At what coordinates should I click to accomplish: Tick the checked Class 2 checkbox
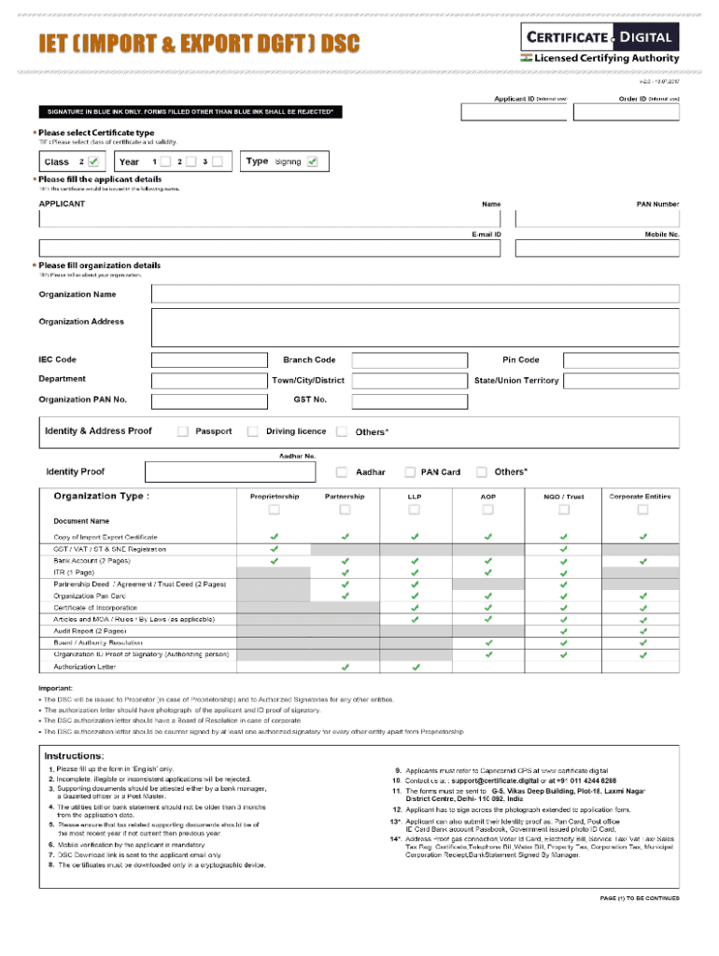coord(94,162)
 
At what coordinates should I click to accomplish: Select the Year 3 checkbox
coord(217,162)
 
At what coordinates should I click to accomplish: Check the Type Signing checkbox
coord(312,162)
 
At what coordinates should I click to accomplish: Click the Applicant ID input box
coord(513,112)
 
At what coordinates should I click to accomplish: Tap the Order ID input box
coord(627,112)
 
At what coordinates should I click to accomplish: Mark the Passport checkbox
coord(183,431)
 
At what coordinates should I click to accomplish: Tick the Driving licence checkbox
coord(253,431)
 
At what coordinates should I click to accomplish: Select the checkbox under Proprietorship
coord(274,510)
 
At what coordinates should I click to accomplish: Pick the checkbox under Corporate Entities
coord(642,510)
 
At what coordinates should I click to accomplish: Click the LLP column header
coord(415,497)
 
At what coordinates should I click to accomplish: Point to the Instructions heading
coord(75,754)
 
